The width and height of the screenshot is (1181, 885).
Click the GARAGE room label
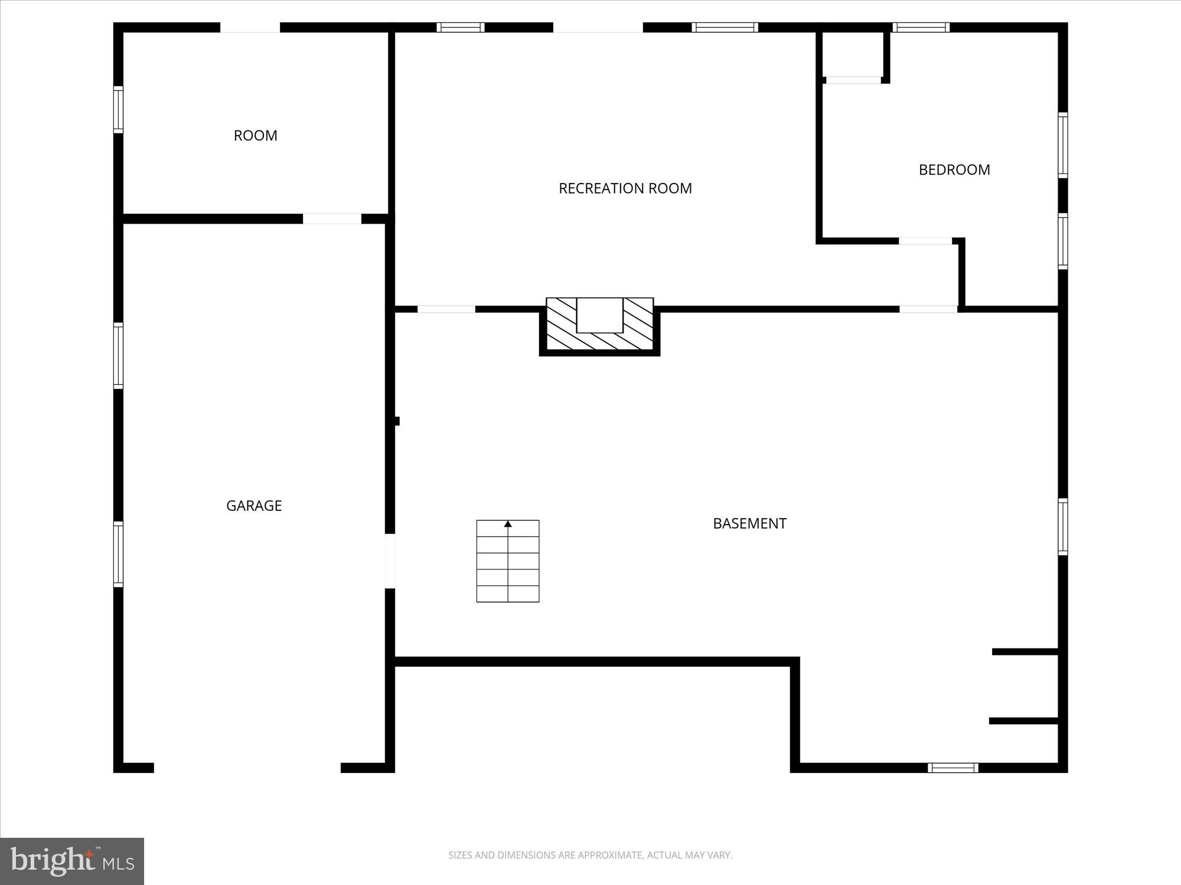pos(254,506)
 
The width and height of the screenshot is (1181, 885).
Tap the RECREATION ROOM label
pos(625,188)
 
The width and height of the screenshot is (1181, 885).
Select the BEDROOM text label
pos(954,170)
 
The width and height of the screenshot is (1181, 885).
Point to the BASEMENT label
pos(749,523)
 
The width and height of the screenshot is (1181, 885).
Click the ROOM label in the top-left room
pos(255,136)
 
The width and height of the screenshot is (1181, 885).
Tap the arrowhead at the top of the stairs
pos(508,524)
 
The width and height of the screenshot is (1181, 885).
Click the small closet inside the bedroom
pos(853,54)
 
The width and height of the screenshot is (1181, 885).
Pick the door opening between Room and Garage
pos(332,219)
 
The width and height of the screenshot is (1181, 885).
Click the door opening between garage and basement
pos(390,560)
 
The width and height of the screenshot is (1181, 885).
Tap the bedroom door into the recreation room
pos(925,241)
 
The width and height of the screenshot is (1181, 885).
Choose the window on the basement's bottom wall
pos(952,768)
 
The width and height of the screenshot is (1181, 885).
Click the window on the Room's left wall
pos(119,110)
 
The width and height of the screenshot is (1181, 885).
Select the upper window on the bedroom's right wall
pos(1062,145)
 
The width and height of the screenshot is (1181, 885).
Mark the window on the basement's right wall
pos(1062,527)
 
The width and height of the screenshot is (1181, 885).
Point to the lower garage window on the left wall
pos(119,555)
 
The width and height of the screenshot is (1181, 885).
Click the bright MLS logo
pos(72,861)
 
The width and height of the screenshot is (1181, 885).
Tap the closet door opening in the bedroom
pos(853,80)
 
